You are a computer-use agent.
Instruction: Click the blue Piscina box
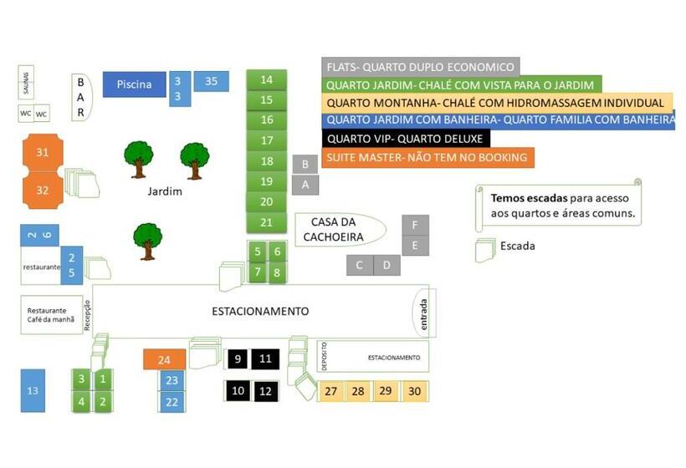(134, 84)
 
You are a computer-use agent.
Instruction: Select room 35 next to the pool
(211, 81)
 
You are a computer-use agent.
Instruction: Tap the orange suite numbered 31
(43, 153)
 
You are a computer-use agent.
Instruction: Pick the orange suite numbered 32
(43, 191)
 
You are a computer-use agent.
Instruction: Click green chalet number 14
(267, 80)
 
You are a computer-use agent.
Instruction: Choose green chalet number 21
(267, 222)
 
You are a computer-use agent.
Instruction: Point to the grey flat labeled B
(305, 165)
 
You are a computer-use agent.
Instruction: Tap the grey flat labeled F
(415, 225)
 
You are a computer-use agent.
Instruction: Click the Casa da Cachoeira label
(339, 229)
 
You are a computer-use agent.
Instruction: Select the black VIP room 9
(238, 359)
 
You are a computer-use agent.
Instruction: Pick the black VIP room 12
(266, 390)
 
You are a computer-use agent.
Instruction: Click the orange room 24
(165, 359)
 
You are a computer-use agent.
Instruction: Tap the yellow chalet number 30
(414, 391)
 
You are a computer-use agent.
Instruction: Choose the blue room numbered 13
(33, 390)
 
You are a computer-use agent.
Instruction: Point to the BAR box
(81, 96)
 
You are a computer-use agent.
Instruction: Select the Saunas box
(25, 83)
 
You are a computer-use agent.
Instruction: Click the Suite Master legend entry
(427, 157)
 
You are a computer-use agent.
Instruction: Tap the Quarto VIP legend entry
(405, 138)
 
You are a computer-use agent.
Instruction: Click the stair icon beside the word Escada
(484, 250)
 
